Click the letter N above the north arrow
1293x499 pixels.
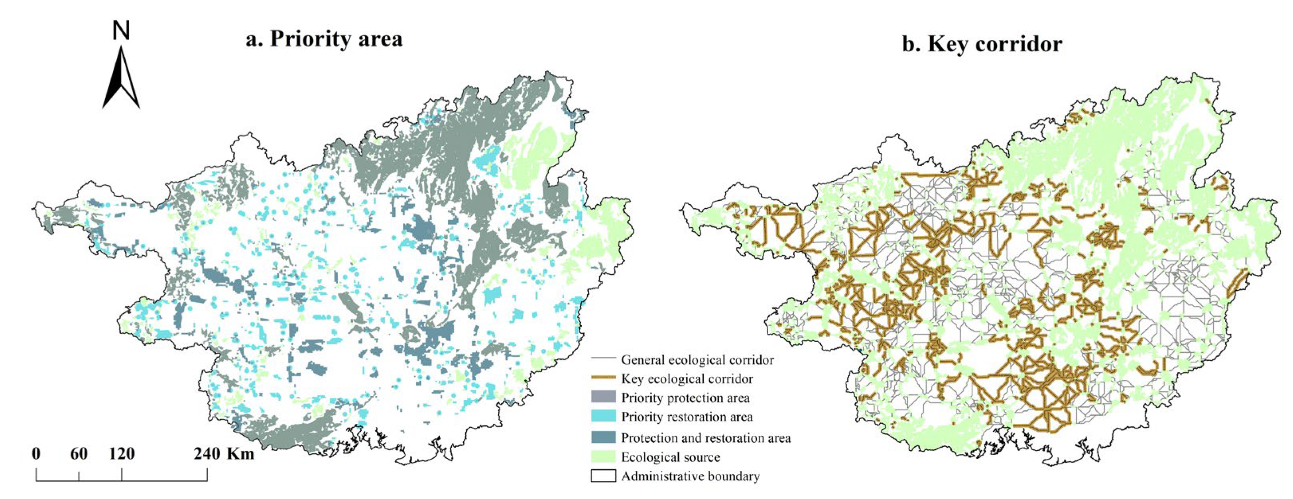tap(121, 31)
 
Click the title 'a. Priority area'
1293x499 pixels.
tap(324, 39)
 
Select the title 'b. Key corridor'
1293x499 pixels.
tap(982, 44)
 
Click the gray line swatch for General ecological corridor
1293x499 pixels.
tap(603, 359)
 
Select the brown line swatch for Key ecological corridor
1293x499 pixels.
tap(603, 378)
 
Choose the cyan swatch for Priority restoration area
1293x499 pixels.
tap(603, 416)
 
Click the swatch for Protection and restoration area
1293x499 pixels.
tap(603, 437)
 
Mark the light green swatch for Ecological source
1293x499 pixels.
tap(603, 456)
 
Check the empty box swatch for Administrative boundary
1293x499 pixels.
tap(603, 476)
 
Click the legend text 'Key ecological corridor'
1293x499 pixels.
tap(687, 379)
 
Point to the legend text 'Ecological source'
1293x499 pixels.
tap(670, 457)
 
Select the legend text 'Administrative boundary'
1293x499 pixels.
tap(690, 476)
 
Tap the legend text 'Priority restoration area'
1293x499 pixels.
tap(687, 417)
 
